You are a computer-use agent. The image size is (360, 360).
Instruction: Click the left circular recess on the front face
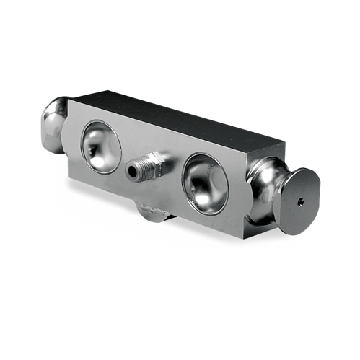[101, 146]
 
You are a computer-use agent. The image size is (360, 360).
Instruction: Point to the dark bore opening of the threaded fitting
[132, 171]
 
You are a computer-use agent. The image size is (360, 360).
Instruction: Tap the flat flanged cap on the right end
[299, 201]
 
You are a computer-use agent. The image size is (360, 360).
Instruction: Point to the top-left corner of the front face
[70, 100]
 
